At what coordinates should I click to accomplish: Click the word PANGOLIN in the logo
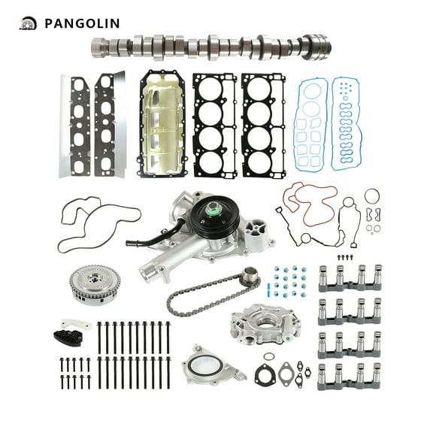point(81,23)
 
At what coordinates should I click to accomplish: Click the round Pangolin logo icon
point(28,23)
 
